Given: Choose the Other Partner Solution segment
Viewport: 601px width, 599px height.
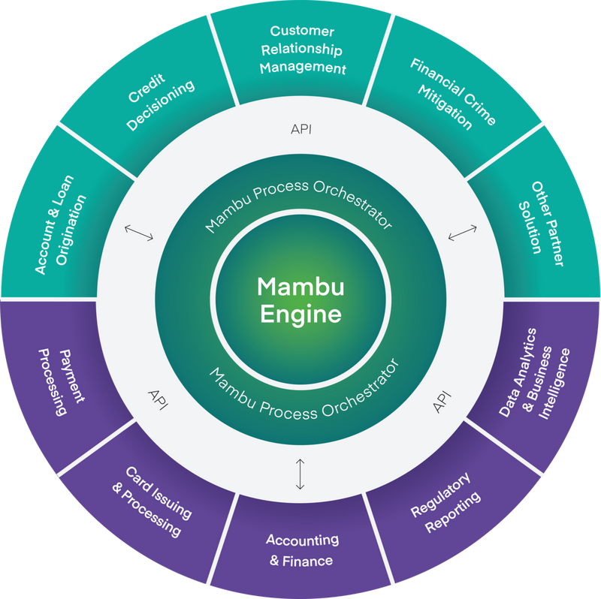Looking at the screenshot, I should pyautogui.click(x=538, y=217).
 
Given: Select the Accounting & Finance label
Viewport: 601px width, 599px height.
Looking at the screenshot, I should pyautogui.click(x=302, y=549).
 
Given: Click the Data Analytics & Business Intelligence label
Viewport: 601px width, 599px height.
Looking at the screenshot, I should pyautogui.click(x=536, y=372).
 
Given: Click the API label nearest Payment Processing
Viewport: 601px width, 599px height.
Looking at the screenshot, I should pyautogui.click(x=159, y=397).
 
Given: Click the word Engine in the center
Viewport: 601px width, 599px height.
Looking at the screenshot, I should pyautogui.click(x=300, y=314).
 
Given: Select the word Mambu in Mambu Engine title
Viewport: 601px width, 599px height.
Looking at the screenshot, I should pyautogui.click(x=300, y=287).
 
